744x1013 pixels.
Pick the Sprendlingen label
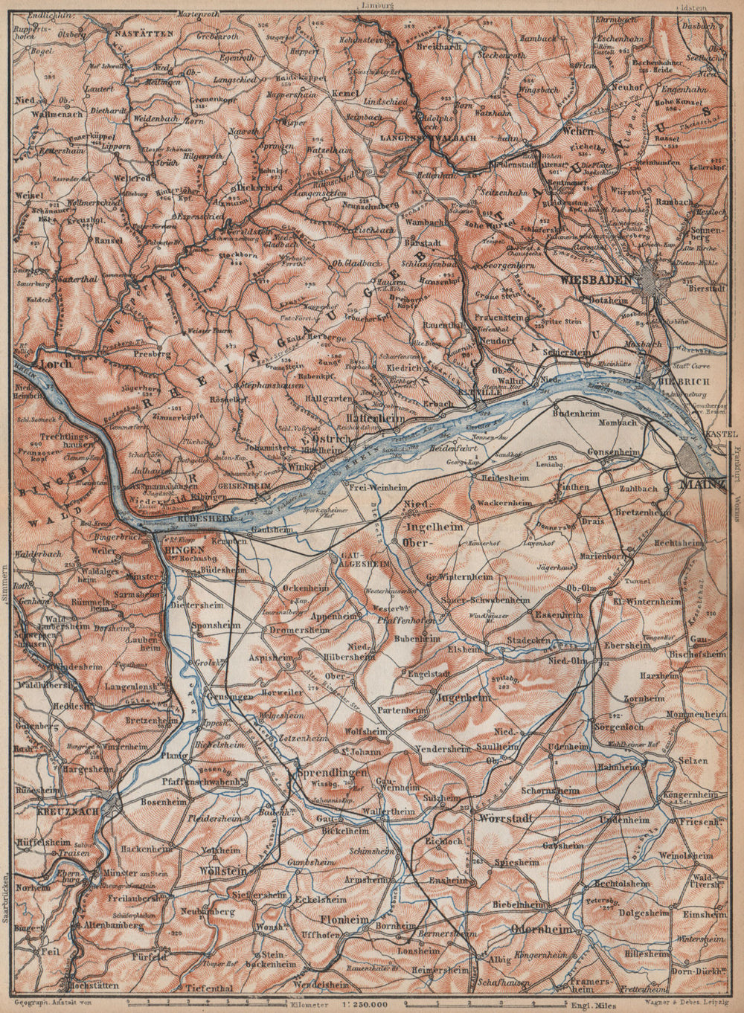[x=332, y=773]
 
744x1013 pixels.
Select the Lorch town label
[x=57, y=364]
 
